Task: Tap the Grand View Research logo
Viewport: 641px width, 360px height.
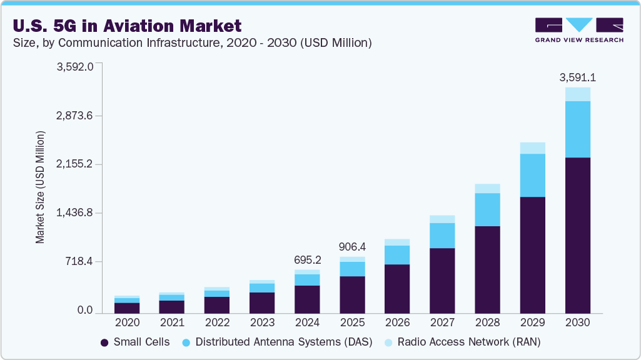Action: [578, 30]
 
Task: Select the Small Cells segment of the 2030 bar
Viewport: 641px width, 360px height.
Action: [577, 234]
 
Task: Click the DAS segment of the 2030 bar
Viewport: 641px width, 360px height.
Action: [577, 129]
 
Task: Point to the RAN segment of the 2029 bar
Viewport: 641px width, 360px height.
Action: [532, 148]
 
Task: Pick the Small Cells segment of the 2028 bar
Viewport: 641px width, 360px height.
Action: [487, 269]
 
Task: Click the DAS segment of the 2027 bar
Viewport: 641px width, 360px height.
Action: [442, 236]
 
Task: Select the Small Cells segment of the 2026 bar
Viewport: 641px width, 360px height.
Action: [397, 288]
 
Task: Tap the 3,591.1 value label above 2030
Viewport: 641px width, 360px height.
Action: [577, 77]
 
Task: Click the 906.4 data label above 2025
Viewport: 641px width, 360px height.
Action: [352, 247]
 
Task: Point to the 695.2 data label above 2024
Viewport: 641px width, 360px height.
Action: [307, 259]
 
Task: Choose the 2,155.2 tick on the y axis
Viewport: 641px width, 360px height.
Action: [75, 164]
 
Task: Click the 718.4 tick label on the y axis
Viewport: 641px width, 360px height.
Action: [79, 262]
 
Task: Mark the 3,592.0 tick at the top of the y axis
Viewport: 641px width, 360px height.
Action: [75, 67]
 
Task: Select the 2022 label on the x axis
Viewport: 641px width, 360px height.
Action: [217, 322]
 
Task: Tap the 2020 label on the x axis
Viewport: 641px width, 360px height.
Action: [127, 322]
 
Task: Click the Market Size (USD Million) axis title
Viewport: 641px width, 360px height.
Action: [40, 187]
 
